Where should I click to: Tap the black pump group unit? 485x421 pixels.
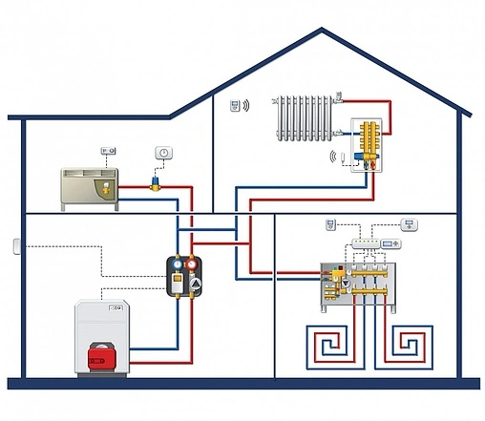coord(185,274)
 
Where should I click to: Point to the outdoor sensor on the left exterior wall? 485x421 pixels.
coord(16,246)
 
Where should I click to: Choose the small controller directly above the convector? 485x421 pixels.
coord(108,151)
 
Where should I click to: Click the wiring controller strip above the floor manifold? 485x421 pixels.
coord(371,244)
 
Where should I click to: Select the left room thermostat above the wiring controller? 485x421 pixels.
coord(329,226)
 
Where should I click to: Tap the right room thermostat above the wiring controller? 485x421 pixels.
coord(411,225)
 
